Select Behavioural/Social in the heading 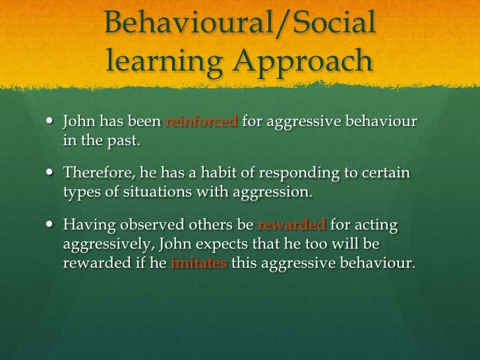pyautogui.click(x=240, y=24)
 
